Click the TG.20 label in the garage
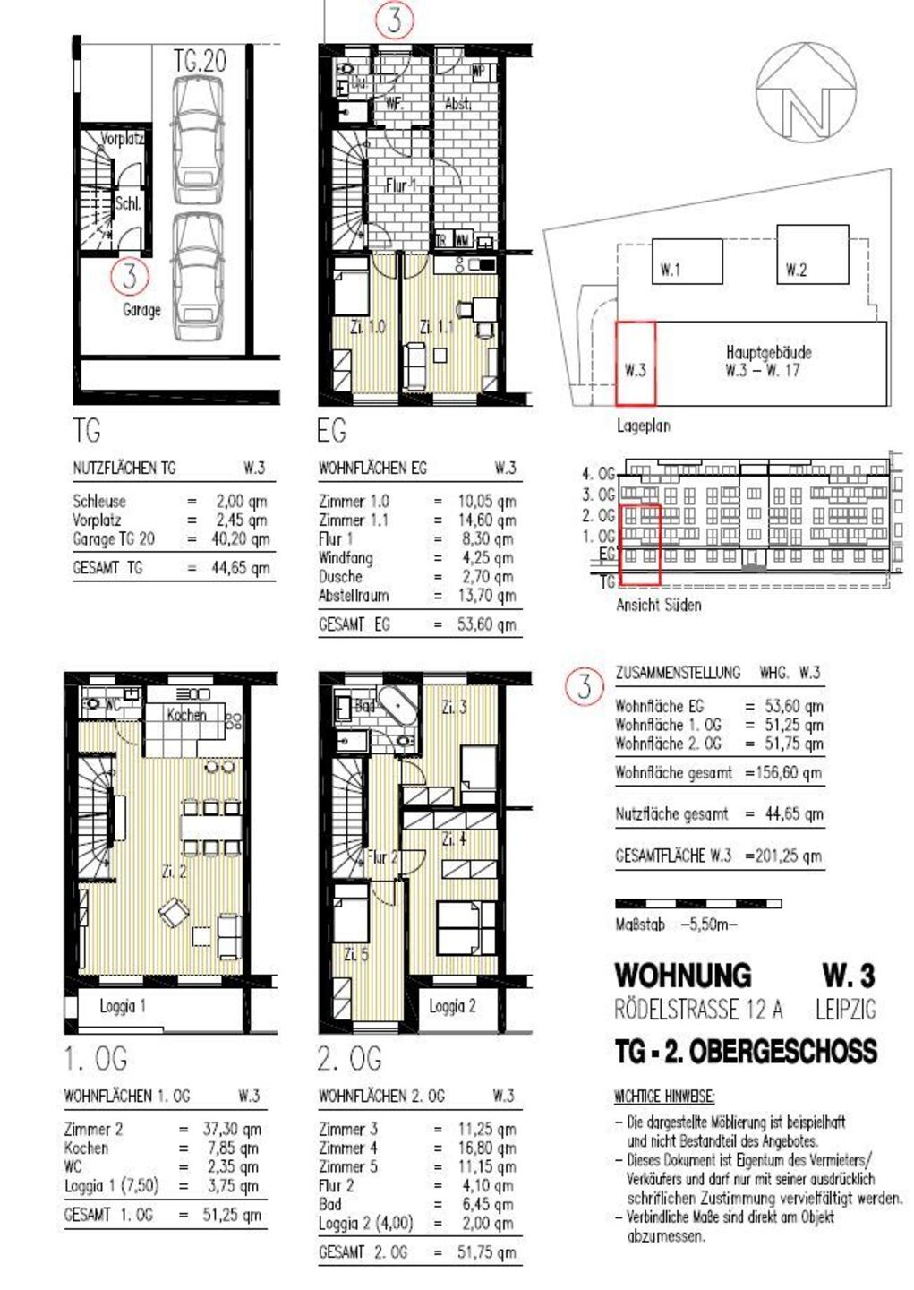click(200, 61)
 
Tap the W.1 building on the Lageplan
click(686, 261)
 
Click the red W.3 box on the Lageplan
click(636, 364)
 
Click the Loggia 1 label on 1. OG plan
click(123, 1006)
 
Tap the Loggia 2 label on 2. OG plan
click(452, 1006)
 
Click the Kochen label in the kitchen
click(186, 715)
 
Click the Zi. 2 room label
click(174, 870)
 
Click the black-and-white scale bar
click(698, 903)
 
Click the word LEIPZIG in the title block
click(845, 1010)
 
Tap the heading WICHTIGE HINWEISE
click(663, 1096)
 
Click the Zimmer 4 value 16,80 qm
click(486, 1148)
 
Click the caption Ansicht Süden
click(658, 605)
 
